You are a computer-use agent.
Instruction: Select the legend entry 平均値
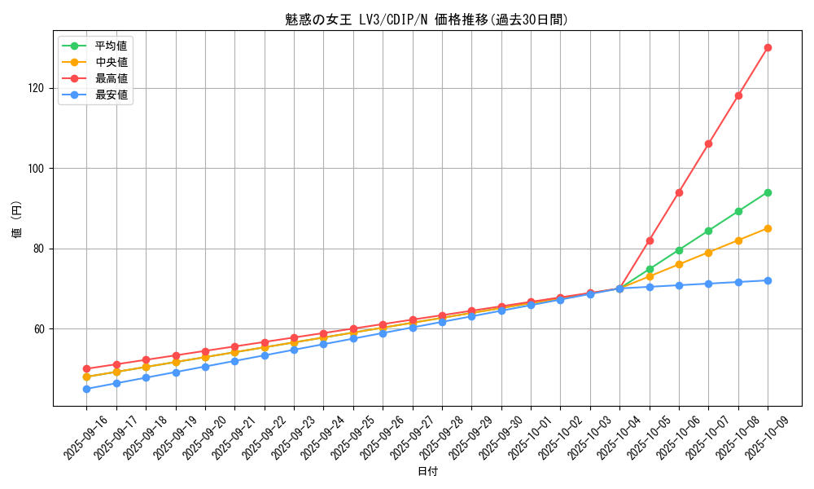click(111, 46)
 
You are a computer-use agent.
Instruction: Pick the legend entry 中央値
click(111, 62)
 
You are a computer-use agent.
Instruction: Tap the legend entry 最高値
click(111, 78)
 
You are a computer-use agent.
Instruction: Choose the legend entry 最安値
click(111, 95)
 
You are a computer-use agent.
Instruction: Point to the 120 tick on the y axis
click(39, 88)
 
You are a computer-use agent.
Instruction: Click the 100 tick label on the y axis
click(39, 169)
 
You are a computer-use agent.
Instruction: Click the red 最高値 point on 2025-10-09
click(768, 48)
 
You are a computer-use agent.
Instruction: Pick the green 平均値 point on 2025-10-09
click(768, 192)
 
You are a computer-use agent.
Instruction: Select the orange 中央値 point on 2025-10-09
click(768, 228)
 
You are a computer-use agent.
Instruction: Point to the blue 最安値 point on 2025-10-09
click(768, 280)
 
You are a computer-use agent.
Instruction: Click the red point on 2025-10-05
click(650, 240)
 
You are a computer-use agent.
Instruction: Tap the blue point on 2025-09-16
click(86, 389)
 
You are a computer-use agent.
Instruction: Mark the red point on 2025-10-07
click(708, 143)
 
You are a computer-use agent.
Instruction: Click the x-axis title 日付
click(427, 472)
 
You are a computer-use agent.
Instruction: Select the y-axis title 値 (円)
click(17, 220)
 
